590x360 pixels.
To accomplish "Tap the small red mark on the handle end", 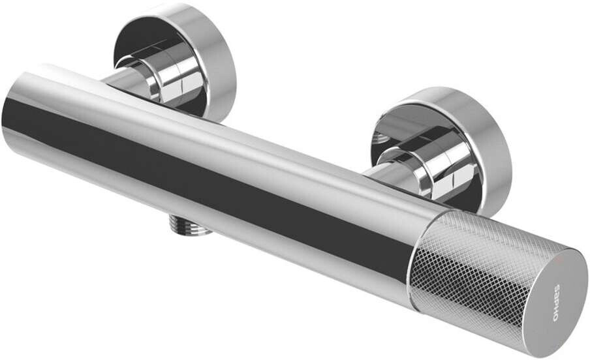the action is [558, 259].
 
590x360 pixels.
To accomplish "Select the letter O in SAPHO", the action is [557, 317].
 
